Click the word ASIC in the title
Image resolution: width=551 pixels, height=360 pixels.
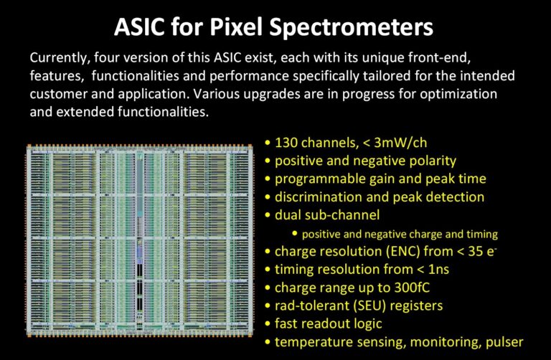(x=139, y=27)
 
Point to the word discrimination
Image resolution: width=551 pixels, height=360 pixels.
(x=318, y=197)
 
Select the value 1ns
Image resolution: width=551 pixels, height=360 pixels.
(x=438, y=270)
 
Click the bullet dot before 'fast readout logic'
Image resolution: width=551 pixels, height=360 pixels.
(x=268, y=324)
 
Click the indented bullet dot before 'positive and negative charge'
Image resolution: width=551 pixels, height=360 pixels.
(x=294, y=233)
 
